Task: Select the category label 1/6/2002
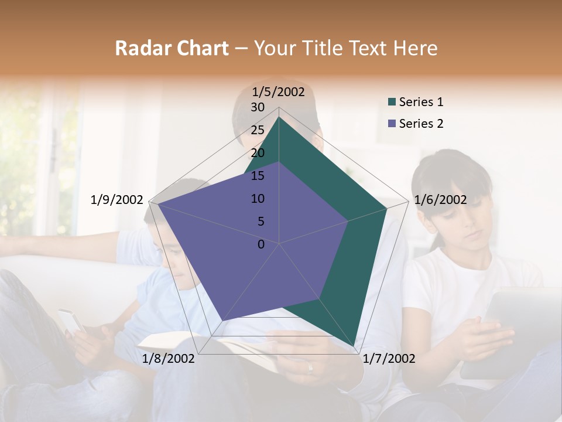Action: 440,200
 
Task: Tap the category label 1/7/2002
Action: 389,359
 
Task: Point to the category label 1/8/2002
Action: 169,359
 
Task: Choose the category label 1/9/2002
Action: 117,200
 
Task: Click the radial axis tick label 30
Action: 258,107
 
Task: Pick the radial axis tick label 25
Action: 258,130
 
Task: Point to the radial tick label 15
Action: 258,176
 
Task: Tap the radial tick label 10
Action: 258,199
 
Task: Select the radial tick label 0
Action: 261,244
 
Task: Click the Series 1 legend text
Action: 421,102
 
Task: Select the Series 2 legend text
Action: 421,124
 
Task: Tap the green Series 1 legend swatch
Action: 392,103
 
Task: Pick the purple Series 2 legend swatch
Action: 392,124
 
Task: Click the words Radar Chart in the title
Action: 172,48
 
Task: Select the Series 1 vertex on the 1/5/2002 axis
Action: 279,117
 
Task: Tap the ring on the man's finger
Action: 310,368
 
